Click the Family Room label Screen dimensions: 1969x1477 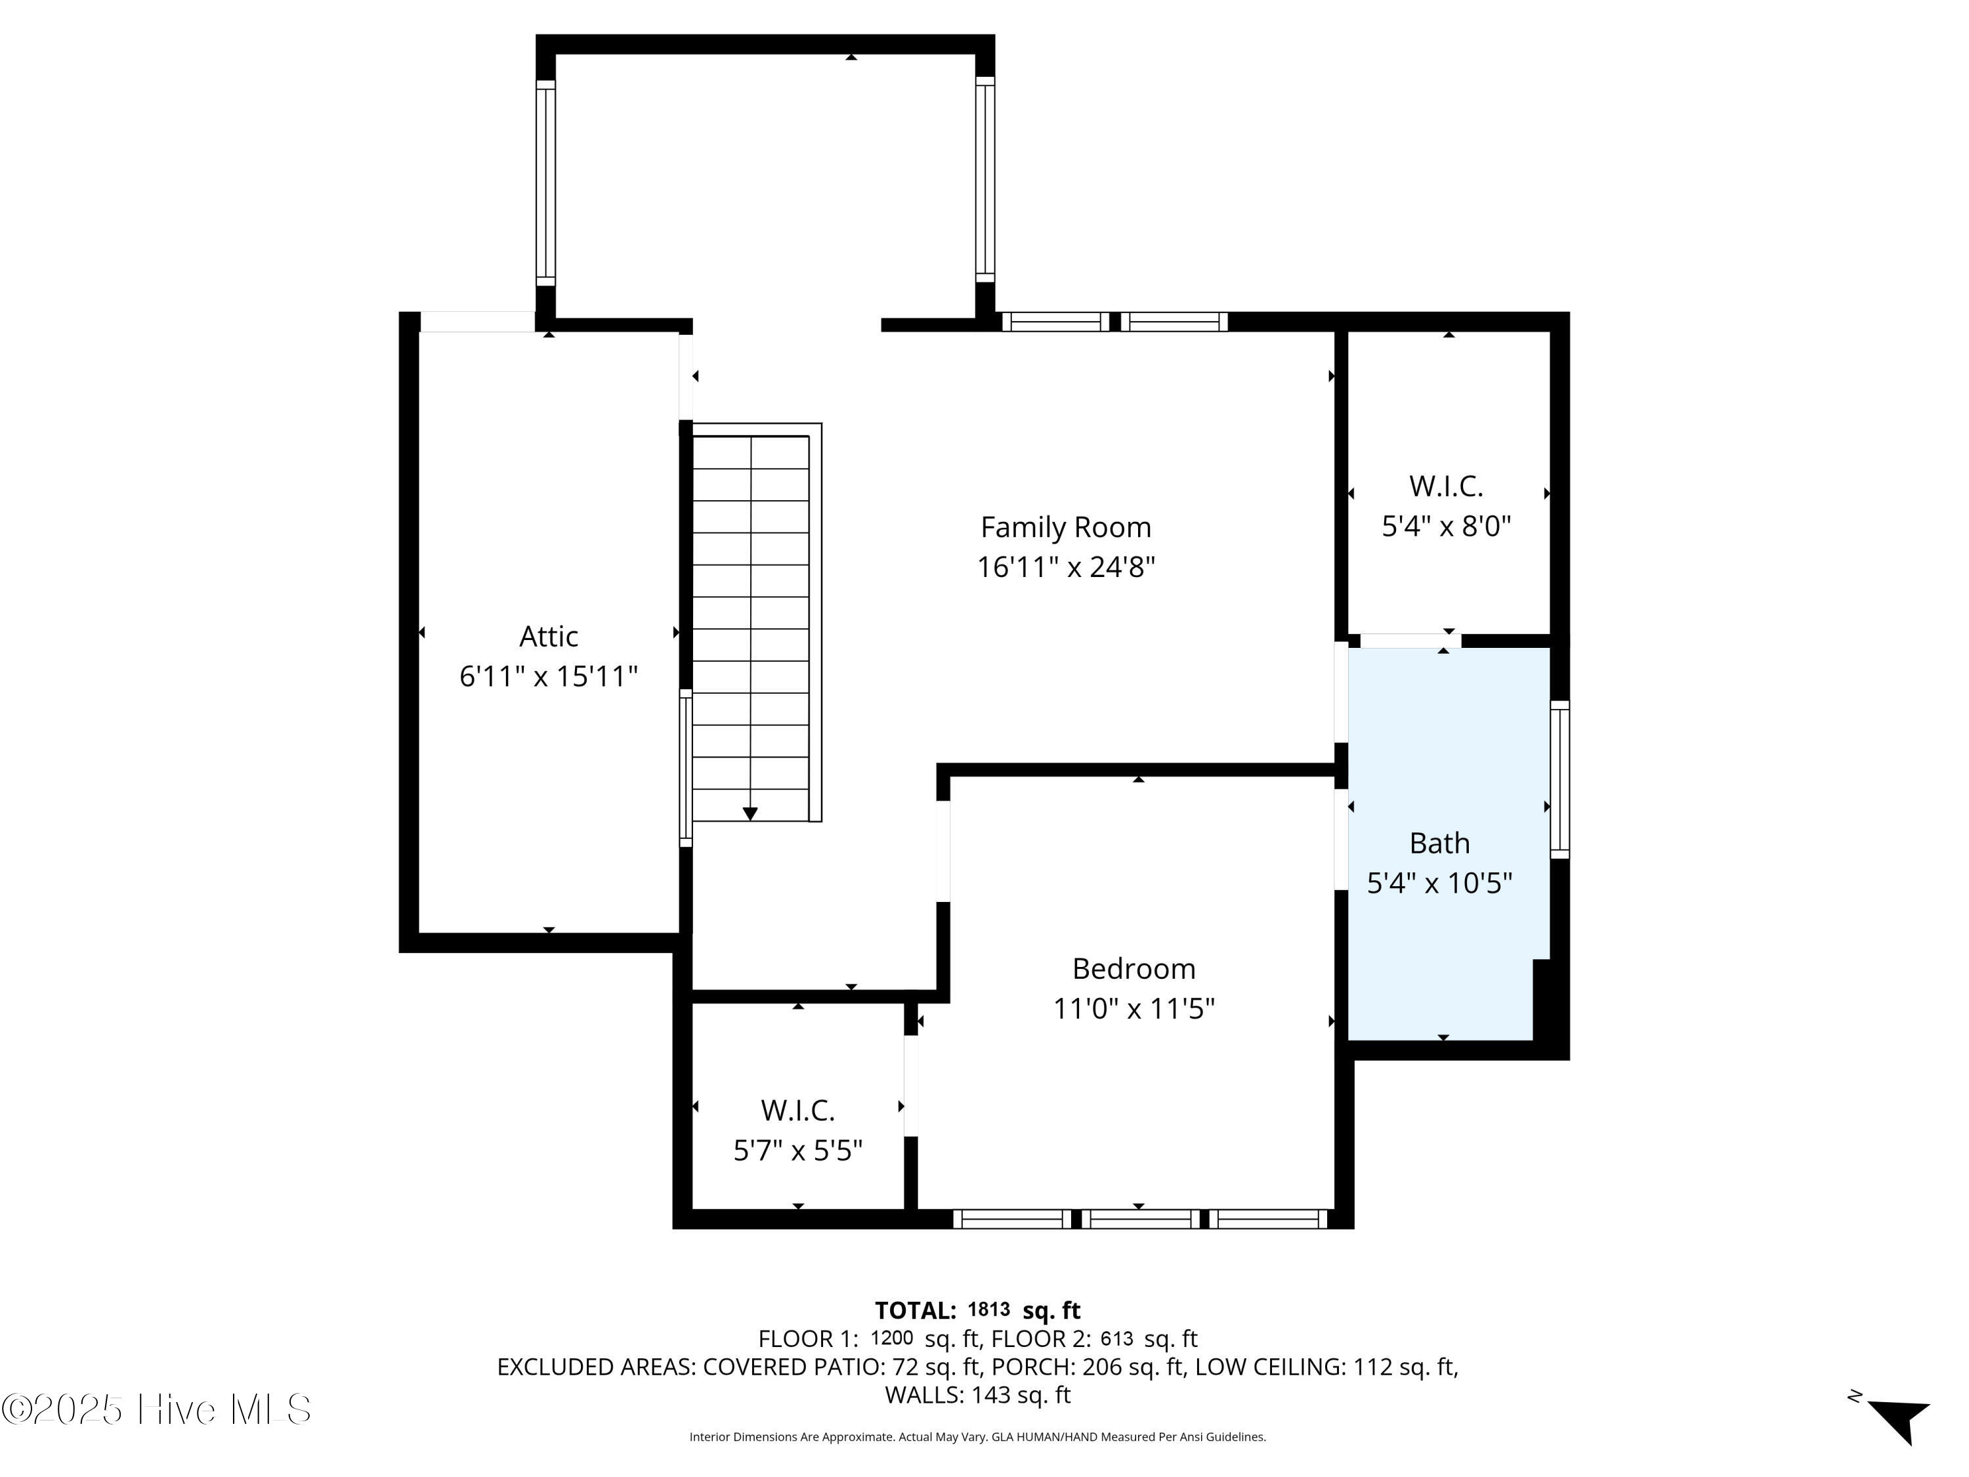(1065, 527)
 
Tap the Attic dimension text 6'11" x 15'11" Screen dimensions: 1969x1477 (548, 677)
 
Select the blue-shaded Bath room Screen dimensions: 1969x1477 (1449, 843)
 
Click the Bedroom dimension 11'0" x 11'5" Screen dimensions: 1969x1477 (1133, 1009)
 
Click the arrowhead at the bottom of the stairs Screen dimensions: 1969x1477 (750, 813)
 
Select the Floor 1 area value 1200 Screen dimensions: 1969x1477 (891, 1337)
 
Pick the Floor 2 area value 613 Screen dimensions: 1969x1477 (1116, 1337)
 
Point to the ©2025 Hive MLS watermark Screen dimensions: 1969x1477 (156, 1409)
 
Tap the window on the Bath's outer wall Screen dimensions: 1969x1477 (1559, 779)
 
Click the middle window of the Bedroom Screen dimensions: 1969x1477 (1140, 1219)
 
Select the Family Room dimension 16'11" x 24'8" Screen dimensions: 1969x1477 (1065, 567)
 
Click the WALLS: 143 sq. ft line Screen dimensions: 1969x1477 (977, 1395)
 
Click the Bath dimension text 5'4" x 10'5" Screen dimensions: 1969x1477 (1439, 883)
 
